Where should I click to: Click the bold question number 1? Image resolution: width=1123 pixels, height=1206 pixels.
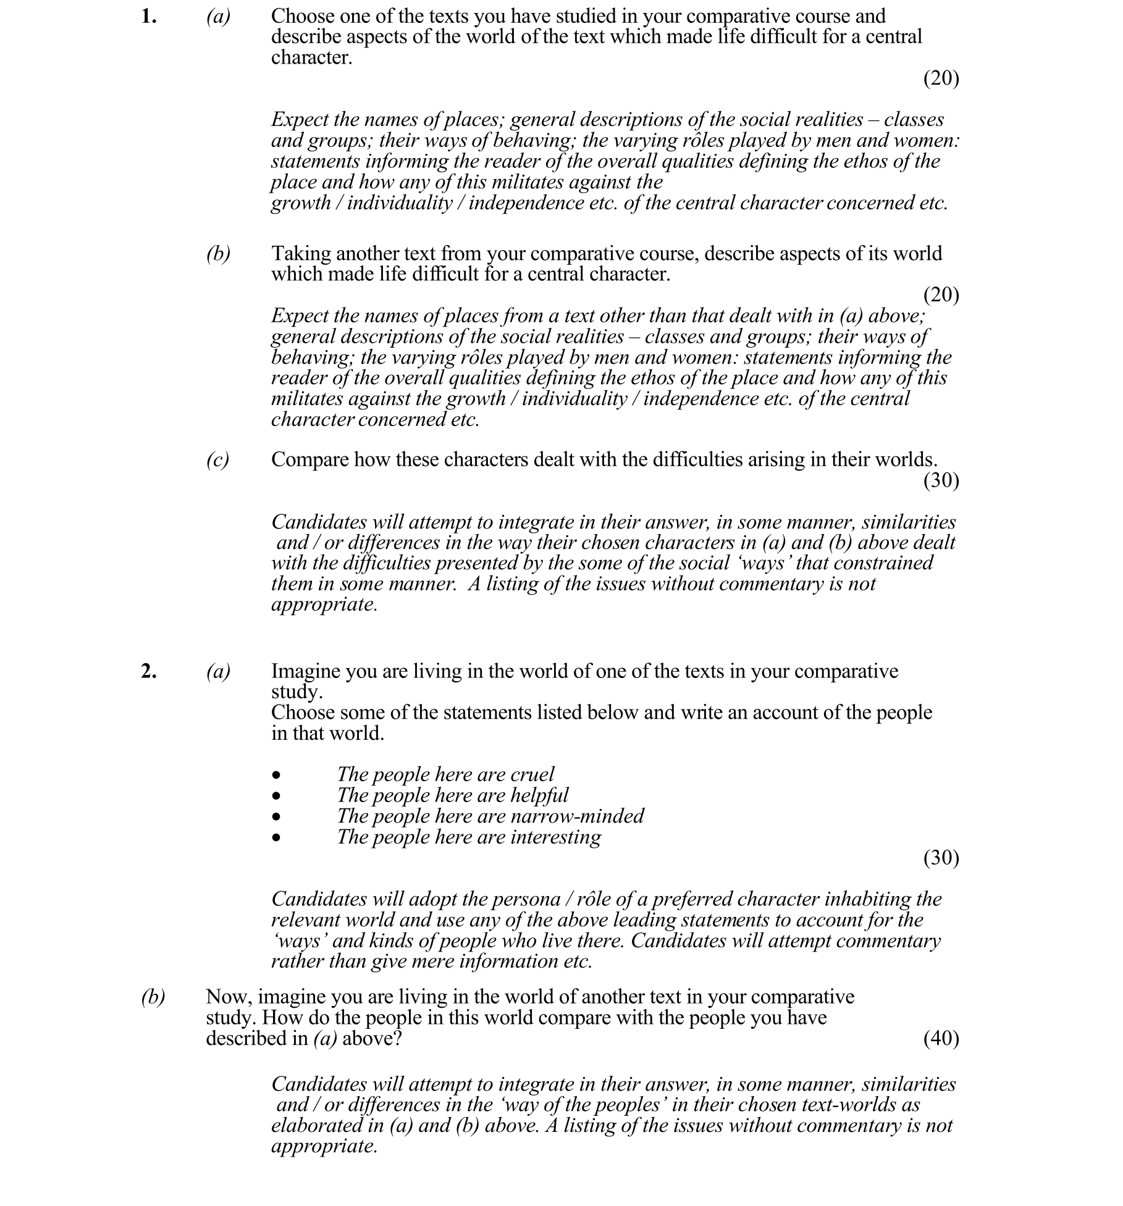tap(148, 17)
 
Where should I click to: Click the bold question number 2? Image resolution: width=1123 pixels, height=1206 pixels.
tap(148, 671)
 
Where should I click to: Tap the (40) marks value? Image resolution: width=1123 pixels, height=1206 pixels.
tap(941, 1039)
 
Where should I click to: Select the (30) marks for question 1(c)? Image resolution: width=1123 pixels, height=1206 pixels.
tap(941, 480)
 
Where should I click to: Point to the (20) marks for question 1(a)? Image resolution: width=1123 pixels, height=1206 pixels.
tap(941, 78)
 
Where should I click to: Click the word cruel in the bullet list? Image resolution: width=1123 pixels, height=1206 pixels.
tap(532, 774)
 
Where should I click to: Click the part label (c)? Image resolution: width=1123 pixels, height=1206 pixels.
tap(217, 459)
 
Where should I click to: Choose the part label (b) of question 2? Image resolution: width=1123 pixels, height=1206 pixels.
tap(153, 997)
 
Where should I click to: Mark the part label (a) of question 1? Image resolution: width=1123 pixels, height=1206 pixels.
tap(218, 17)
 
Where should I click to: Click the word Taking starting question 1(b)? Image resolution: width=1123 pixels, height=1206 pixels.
tap(301, 254)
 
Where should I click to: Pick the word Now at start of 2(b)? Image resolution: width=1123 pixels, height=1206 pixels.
tap(228, 997)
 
